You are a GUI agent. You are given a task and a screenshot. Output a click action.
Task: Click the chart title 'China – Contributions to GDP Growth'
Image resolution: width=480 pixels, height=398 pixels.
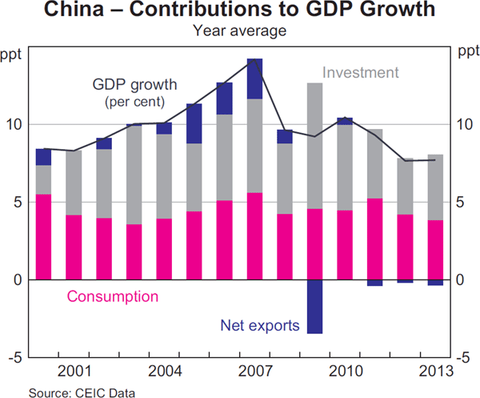240,12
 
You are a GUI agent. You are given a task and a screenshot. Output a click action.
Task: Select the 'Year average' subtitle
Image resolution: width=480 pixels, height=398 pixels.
240,30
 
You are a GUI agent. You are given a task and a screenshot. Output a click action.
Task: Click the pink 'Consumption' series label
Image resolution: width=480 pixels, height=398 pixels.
113,297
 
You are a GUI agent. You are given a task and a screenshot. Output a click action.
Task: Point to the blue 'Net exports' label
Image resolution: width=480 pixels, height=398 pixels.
259,326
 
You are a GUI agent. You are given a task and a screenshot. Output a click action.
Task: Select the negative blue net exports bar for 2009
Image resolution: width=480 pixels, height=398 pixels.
315,307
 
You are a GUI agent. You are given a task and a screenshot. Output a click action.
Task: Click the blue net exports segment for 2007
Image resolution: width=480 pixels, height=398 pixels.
255,79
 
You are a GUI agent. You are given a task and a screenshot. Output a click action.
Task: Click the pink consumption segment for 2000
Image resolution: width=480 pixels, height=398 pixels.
43,237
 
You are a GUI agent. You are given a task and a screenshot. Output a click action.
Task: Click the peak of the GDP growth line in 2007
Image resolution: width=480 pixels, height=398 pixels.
255,60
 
